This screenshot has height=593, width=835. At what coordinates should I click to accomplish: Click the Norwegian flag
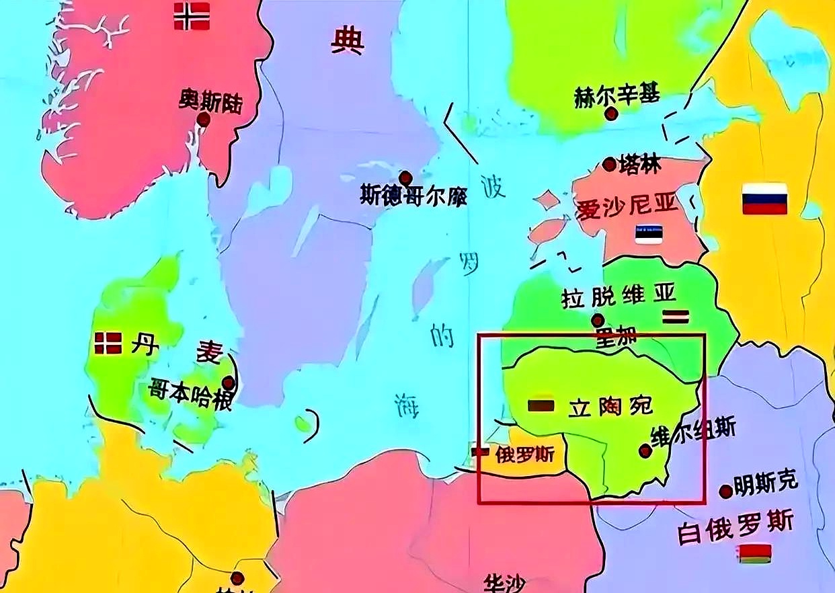click(x=192, y=16)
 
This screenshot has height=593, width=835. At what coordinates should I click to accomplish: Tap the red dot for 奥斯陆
click(x=203, y=120)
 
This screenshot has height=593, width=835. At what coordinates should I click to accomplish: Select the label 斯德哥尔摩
click(x=413, y=196)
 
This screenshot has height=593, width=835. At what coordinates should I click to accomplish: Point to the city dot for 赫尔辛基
click(x=611, y=114)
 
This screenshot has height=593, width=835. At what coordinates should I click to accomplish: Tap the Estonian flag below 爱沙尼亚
click(x=649, y=234)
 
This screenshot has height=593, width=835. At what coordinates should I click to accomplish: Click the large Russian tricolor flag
click(x=764, y=199)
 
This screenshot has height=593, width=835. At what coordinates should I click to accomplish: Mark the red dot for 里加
click(x=597, y=321)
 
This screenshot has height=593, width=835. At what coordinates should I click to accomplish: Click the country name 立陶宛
click(x=611, y=407)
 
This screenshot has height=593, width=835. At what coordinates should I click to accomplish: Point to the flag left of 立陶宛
click(x=541, y=405)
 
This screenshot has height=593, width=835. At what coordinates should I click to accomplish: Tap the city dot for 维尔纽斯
click(x=645, y=451)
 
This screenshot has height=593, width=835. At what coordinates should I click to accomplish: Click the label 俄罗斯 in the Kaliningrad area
click(x=524, y=455)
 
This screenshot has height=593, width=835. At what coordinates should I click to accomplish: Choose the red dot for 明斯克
click(x=725, y=491)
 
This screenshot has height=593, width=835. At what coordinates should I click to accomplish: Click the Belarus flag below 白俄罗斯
click(x=754, y=554)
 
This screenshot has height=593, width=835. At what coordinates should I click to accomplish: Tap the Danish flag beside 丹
click(x=108, y=343)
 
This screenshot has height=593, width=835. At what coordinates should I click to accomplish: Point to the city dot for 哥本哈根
click(x=229, y=383)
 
